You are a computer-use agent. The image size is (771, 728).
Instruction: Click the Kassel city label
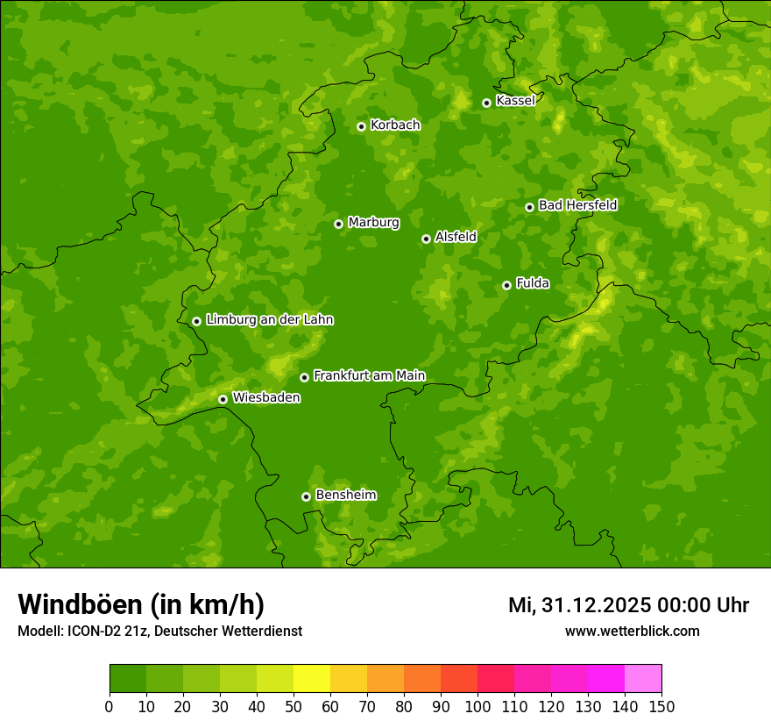(x=515, y=101)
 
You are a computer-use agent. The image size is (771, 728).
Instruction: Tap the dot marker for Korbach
(x=361, y=126)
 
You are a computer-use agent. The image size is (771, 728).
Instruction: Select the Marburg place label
(x=373, y=222)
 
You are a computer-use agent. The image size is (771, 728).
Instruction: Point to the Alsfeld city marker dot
(x=426, y=239)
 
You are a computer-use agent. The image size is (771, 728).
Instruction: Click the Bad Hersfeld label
(x=577, y=205)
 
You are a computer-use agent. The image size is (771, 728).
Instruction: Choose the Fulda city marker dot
(x=506, y=285)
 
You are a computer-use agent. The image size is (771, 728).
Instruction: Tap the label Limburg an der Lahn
(x=269, y=319)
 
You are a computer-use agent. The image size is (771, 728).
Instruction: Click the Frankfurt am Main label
(x=369, y=375)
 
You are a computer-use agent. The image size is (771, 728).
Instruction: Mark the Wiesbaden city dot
(x=223, y=399)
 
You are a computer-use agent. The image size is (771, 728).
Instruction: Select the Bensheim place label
(x=345, y=495)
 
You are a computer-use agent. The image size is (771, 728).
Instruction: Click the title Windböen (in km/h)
(x=141, y=604)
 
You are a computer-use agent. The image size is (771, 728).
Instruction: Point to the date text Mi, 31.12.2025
(x=584, y=605)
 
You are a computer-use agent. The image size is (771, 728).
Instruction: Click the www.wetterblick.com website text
(x=632, y=631)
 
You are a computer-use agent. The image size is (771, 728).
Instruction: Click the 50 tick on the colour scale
(x=294, y=706)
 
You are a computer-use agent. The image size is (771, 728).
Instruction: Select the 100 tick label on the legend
(x=477, y=706)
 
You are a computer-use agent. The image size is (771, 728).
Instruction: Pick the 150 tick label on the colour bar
(x=661, y=706)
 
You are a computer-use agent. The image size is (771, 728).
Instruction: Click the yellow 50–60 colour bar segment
(x=312, y=678)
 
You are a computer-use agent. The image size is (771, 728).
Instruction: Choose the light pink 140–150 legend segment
(x=643, y=678)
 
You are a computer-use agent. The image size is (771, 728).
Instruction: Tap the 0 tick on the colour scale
(x=110, y=706)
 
